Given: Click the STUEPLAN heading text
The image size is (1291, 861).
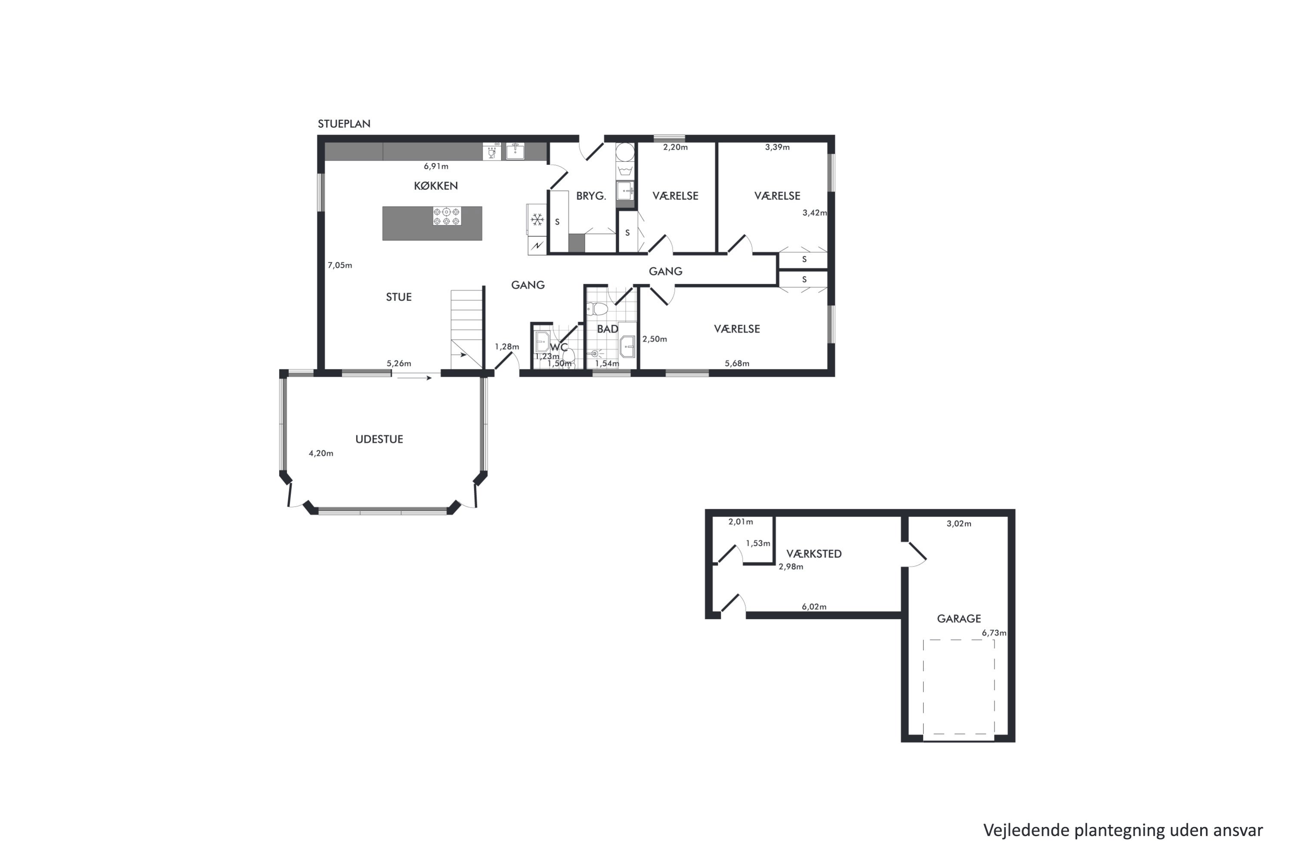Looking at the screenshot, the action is click(344, 124).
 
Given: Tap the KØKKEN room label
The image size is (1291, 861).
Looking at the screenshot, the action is click(436, 186).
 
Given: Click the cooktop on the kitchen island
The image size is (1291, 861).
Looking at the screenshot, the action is click(447, 216).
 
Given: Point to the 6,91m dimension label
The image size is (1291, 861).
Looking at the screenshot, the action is click(436, 166).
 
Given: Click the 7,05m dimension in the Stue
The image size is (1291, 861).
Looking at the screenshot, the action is click(340, 265).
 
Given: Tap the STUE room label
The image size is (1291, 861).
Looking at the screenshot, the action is click(398, 297).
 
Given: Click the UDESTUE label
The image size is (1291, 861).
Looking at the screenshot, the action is click(379, 439).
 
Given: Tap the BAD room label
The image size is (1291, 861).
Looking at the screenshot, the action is click(608, 329).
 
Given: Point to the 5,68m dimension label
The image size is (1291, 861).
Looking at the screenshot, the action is click(737, 363).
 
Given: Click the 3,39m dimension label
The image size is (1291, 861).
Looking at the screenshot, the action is click(777, 147).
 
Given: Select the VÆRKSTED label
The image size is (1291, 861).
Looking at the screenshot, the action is click(814, 554).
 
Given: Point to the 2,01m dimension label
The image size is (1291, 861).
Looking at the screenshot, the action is click(741, 522).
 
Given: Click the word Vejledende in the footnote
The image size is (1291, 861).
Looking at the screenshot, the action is click(1026, 830).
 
